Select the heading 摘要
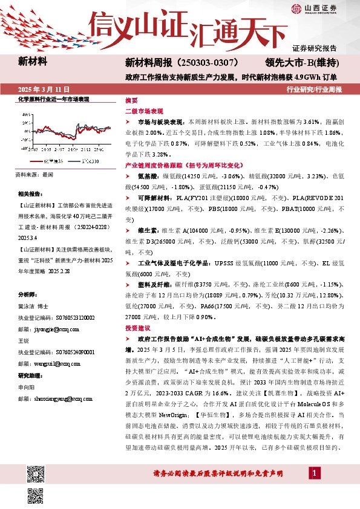pos(131,100)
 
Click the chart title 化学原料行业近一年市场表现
pos(54,99)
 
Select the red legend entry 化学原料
pos(53,161)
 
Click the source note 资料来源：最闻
pos(34,174)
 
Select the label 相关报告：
pos(30,194)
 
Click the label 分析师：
pos(27,294)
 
